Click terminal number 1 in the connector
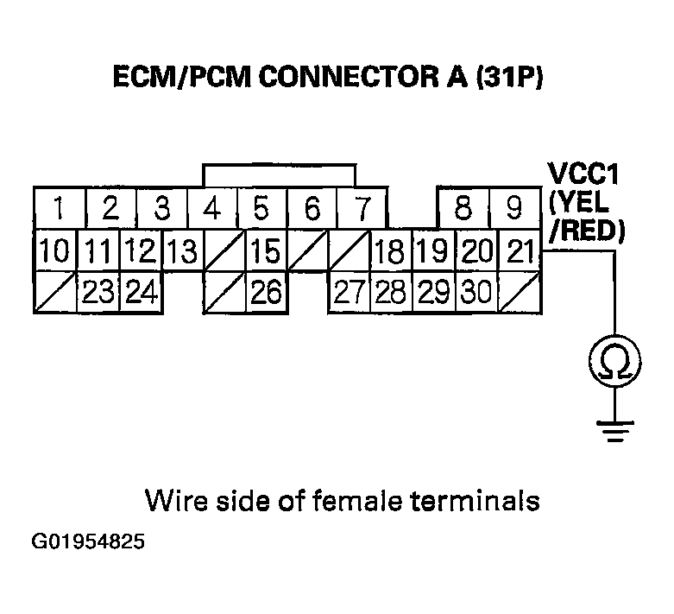[58, 209]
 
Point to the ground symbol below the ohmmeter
[614, 429]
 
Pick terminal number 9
[514, 209]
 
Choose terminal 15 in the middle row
[266, 251]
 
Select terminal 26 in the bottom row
[266, 293]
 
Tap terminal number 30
[476, 293]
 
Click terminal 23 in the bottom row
[99, 293]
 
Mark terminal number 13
[181, 251]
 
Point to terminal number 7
[363, 209]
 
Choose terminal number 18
[390, 251]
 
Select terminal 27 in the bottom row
[350, 293]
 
